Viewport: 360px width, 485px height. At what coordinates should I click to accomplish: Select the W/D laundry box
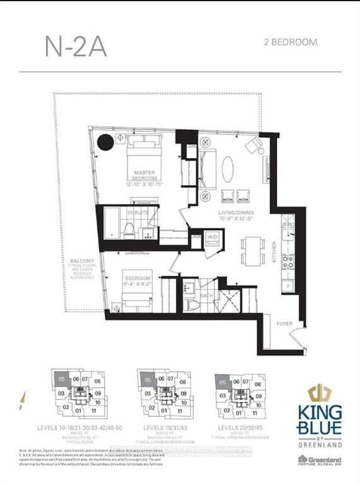point(212,237)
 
